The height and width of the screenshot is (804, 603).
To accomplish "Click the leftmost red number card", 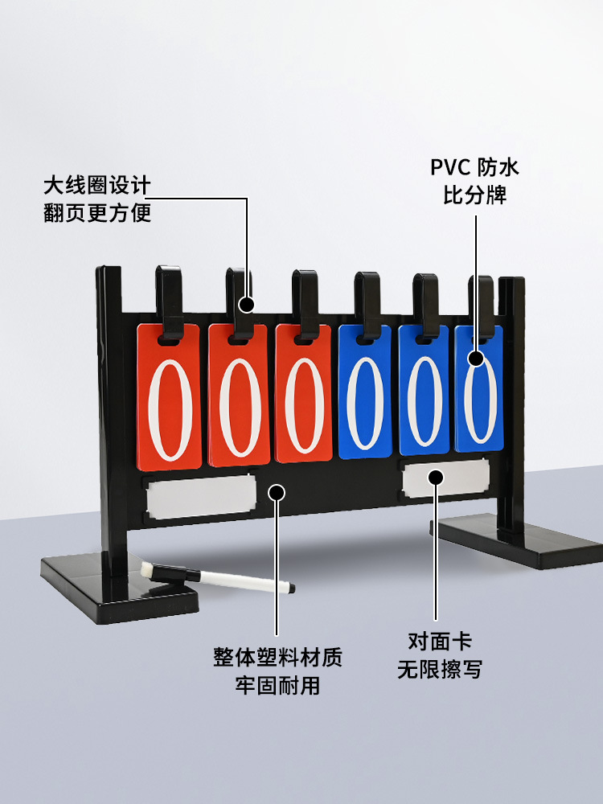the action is tap(169, 397).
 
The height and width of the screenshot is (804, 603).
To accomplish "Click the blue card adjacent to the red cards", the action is tap(364, 392).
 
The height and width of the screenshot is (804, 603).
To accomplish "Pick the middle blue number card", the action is tap(424, 390).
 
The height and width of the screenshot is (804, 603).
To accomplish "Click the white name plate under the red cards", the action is tap(201, 496).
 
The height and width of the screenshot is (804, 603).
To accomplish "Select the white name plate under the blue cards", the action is tap(445, 478).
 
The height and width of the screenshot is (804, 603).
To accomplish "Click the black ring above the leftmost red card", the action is tap(170, 302).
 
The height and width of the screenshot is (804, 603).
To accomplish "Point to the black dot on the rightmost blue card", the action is tap(476, 358).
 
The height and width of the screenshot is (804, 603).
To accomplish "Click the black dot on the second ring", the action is tap(247, 305).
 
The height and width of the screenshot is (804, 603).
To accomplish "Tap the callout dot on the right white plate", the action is tap(436, 478).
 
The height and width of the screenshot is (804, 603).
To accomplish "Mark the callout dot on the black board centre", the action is tap(277, 493).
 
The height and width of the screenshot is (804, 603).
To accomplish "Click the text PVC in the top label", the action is tap(450, 168).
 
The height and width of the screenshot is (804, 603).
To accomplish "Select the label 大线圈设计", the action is tap(97, 186).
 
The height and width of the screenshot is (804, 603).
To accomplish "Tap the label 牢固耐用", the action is tap(277, 686).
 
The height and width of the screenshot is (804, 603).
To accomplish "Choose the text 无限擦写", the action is tap(440, 669).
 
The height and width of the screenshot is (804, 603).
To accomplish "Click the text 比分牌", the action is tap(475, 195).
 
